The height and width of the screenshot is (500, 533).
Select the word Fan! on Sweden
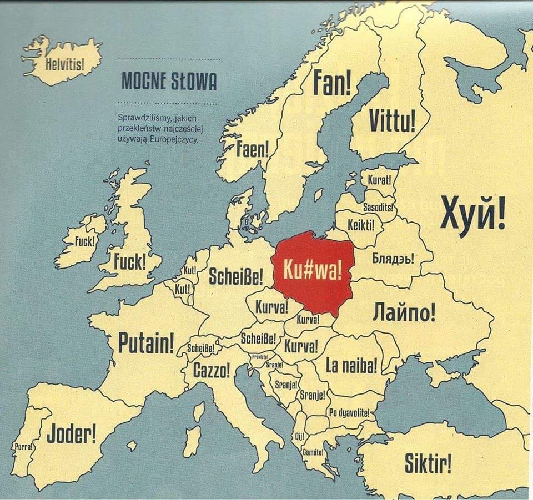[332, 83]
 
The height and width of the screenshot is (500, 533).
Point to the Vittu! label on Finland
[393, 121]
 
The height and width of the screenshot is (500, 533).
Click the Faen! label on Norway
[253, 149]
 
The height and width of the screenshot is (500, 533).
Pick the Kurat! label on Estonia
[380, 180]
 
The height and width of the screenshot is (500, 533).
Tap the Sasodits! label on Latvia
[379, 207]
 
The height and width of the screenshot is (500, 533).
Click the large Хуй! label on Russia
[473, 215]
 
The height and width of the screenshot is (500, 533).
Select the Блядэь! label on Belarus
[393, 259]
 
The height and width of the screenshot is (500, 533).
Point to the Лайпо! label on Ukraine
[404, 312]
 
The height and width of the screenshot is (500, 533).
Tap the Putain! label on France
[146, 344]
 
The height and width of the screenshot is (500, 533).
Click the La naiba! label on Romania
[351, 365]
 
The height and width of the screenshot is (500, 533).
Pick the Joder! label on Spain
[71, 433]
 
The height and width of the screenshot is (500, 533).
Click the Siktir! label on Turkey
[428, 463]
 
